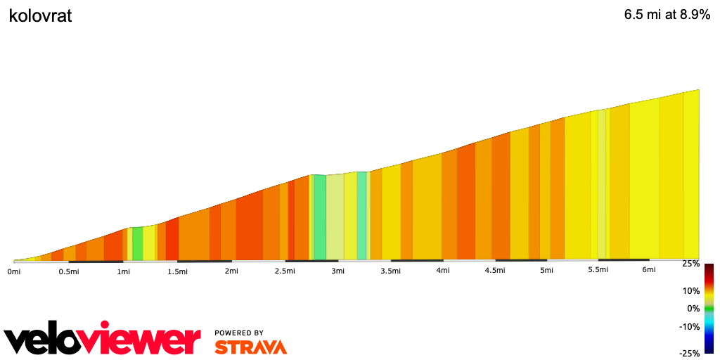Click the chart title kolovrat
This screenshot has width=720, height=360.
[x=40, y=16]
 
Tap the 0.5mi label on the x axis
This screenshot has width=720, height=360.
[x=68, y=271]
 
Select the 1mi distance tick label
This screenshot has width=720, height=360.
[x=123, y=271]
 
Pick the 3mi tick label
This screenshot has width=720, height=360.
[x=337, y=271]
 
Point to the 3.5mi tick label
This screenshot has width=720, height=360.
[x=391, y=271]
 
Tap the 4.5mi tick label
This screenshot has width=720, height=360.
[x=495, y=270]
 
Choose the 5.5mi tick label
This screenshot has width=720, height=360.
[x=598, y=270]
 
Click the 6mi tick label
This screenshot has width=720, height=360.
[x=648, y=270]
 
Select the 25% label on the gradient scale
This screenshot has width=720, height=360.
[x=690, y=264]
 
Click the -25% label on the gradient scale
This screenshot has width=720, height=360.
[x=689, y=353]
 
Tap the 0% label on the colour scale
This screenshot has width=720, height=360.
[x=693, y=308]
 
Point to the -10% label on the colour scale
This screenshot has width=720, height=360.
[x=690, y=326]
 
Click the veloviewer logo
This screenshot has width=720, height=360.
[x=102, y=341]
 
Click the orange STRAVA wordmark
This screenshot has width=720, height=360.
[x=250, y=347]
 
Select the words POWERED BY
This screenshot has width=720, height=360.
[x=239, y=333]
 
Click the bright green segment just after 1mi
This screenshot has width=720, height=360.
[x=138, y=243]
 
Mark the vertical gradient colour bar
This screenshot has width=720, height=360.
[x=709, y=308]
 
